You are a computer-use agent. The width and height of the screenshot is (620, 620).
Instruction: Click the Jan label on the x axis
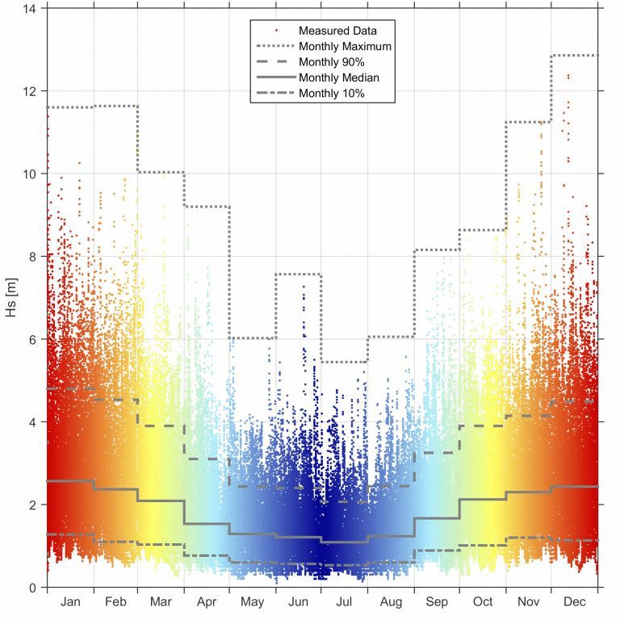click(x=70, y=602)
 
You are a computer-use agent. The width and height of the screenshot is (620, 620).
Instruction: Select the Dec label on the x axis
click(x=574, y=602)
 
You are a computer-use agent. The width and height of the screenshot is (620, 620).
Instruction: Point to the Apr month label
click(x=207, y=602)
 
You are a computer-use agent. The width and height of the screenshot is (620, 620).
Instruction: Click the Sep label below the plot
click(x=437, y=602)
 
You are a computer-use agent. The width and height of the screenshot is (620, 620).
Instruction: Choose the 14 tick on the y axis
click(x=31, y=8)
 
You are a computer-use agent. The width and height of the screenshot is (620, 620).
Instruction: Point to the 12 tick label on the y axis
click(x=31, y=91)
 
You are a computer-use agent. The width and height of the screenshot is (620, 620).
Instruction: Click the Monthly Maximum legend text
click(x=345, y=47)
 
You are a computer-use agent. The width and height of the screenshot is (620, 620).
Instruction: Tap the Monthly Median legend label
click(x=338, y=77)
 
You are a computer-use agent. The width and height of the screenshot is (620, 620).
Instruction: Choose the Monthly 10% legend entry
click(x=332, y=94)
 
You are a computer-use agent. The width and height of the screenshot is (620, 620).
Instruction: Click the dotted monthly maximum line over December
click(x=574, y=56)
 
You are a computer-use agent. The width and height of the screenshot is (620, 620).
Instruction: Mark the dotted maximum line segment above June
click(x=299, y=274)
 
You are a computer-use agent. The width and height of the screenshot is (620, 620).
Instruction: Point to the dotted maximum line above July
click(x=345, y=362)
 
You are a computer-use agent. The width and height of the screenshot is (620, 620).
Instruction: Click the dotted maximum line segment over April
click(x=207, y=207)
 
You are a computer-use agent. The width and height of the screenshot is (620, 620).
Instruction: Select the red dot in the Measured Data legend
click(x=277, y=31)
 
